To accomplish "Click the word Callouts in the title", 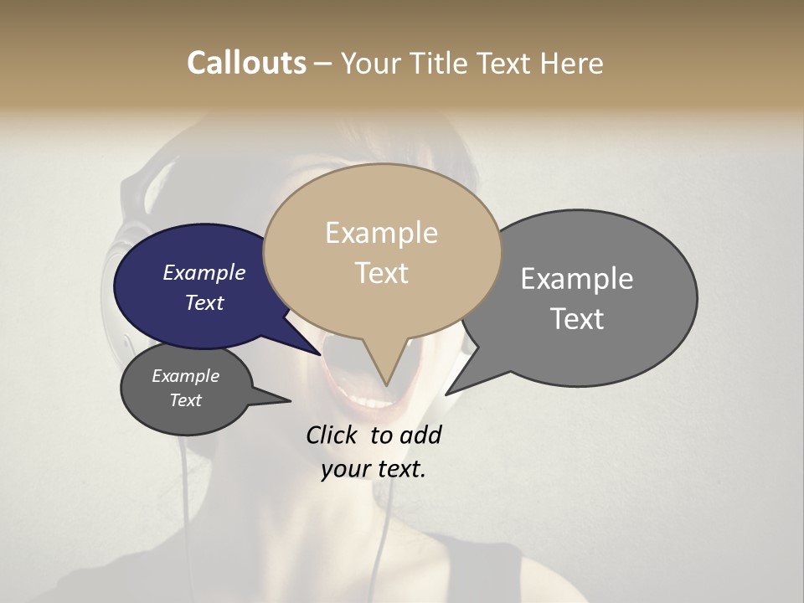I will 246,63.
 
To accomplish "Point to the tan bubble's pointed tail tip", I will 386,385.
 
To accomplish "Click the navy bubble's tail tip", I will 321,355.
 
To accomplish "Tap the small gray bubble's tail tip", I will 290,401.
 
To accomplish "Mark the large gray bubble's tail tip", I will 446,394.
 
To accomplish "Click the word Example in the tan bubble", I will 381,233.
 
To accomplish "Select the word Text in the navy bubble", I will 204,302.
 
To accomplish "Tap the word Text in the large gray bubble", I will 577,318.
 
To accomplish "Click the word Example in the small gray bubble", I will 185,376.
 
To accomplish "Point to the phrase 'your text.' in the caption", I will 373,469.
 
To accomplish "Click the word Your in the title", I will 369,63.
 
